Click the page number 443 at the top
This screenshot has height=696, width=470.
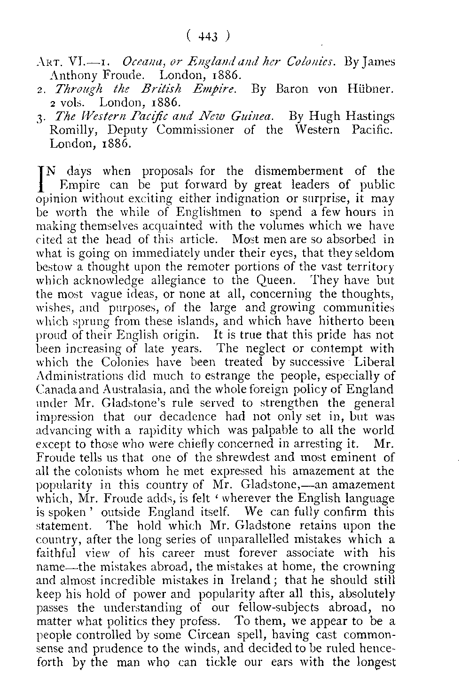[x=207, y=37]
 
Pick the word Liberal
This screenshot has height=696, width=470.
[x=370, y=362]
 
